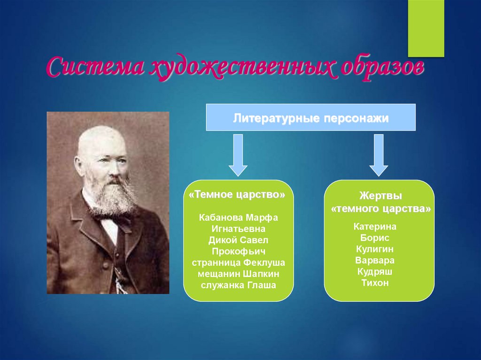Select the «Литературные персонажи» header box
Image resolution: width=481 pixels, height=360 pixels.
coord(311,117)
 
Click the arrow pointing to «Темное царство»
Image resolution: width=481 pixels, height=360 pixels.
coord(238,155)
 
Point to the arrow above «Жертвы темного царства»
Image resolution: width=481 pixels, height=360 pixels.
coord(379,155)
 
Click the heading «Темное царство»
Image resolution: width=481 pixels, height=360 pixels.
coord(237,194)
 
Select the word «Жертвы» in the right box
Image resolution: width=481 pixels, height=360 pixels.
coord(380,195)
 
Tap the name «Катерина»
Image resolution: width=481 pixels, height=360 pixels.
coord(375,227)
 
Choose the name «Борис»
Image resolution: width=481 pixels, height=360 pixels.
coord(375,237)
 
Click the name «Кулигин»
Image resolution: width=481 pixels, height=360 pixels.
coord(374,249)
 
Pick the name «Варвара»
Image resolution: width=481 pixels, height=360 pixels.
coord(375,260)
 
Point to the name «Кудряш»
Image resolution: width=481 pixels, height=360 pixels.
coord(375,272)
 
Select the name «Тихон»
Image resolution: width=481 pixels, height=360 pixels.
coord(375,283)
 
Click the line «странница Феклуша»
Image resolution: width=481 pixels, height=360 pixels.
coord(238,263)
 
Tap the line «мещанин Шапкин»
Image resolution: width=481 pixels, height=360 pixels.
coord(238,274)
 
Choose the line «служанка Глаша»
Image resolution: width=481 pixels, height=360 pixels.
coord(238,285)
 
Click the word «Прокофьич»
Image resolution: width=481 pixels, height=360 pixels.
coord(238,252)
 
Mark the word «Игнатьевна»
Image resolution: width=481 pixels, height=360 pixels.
coord(238,229)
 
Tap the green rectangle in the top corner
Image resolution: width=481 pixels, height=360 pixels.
coord(426,28)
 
